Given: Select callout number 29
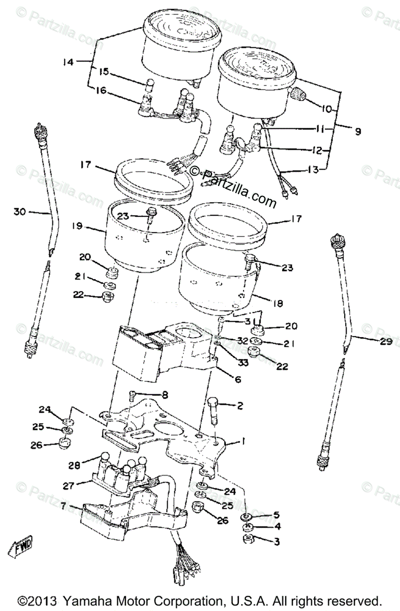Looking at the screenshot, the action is click(385, 342).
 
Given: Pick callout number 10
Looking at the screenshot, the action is click(325, 108).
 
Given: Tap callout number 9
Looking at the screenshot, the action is click(357, 131).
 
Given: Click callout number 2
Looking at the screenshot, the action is click(239, 405).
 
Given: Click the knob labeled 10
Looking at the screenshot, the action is click(298, 94).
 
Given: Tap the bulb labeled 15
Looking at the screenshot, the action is click(151, 85).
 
